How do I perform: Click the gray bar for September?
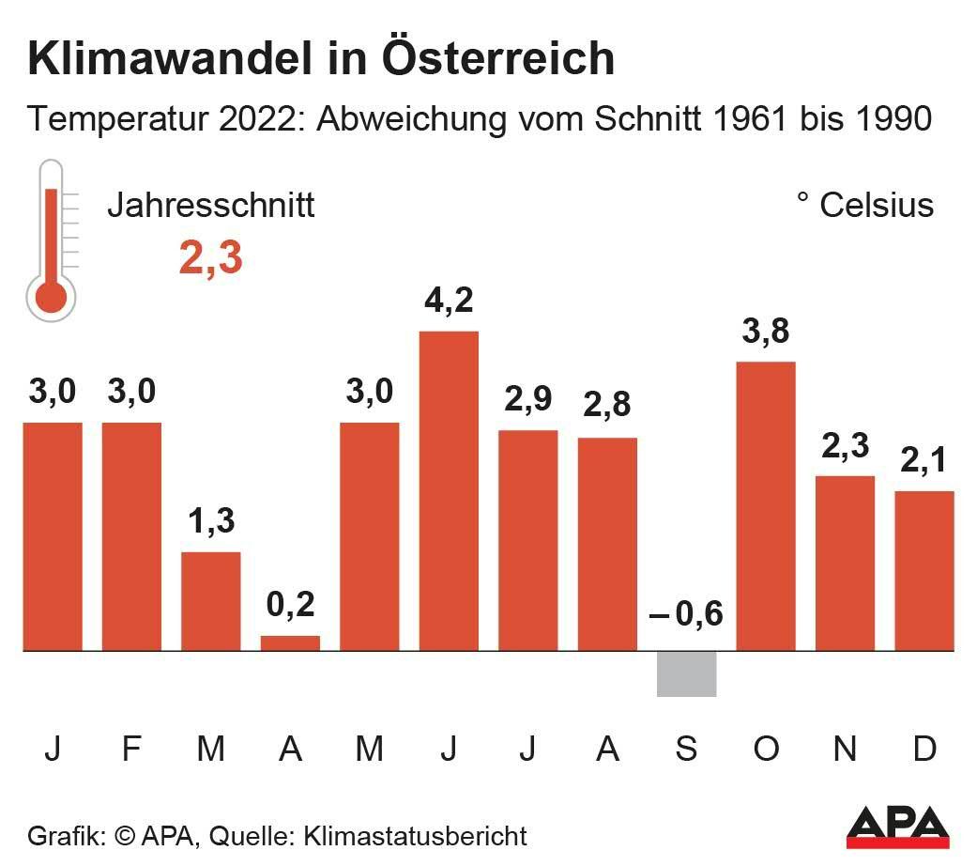point(686,673)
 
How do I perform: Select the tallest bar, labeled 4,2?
point(449,490)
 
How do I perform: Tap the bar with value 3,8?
point(766,505)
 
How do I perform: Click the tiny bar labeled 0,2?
point(290,643)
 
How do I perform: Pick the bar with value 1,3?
point(211,601)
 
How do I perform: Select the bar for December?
point(924,570)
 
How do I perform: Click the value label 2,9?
point(527,399)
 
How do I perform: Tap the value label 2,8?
point(606,407)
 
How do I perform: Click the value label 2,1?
point(924,460)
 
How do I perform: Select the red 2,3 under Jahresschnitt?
point(211,258)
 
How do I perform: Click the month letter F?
point(131,749)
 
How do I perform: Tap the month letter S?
point(686,749)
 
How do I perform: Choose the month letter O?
point(766,749)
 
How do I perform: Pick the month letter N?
point(846,749)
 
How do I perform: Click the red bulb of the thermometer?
point(51,297)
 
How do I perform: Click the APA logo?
point(898,827)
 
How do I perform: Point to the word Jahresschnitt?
point(211,205)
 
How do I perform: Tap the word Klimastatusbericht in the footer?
point(415,835)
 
